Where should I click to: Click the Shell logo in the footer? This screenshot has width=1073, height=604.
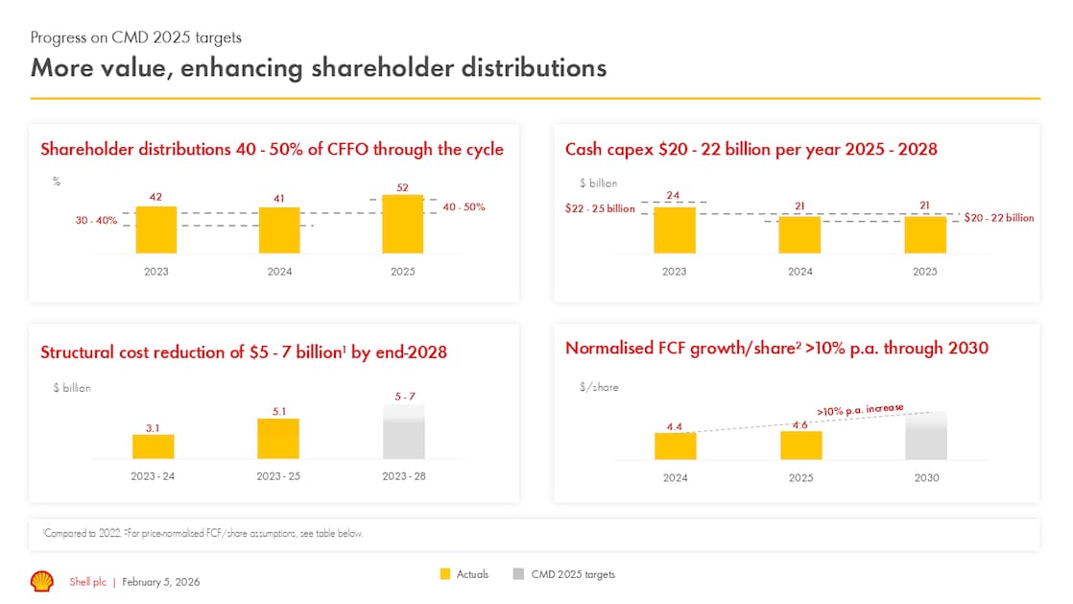tap(42, 581)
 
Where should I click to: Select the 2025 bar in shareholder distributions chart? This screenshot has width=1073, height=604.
tap(403, 225)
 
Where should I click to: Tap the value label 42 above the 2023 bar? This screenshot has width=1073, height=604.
tap(155, 197)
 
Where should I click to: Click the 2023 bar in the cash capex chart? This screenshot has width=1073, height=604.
tap(675, 230)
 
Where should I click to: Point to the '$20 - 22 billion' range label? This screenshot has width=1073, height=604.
tap(999, 218)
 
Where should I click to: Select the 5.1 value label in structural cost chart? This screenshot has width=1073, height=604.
tap(277, 410)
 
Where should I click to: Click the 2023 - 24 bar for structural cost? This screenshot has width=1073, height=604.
tap(154, 447)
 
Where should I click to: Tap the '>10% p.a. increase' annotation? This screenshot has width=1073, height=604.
tap(860, 410)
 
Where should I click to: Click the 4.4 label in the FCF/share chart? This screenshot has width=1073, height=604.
tap(675, 425)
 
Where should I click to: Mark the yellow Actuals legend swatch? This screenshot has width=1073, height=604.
tap(445, 574)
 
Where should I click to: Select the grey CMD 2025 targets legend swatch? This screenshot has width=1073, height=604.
tap(518, 574)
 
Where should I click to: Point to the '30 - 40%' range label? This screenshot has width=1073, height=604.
tap(97, 220)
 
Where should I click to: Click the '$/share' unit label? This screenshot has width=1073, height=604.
tap(599, 387)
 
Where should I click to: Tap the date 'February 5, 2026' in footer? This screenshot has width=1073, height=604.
tap(161, 582)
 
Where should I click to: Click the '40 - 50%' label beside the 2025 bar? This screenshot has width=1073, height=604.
tap(464, 206)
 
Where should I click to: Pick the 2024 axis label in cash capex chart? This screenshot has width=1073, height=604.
tap(799, 272)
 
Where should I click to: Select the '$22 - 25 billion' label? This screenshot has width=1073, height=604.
tap(600, 208)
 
